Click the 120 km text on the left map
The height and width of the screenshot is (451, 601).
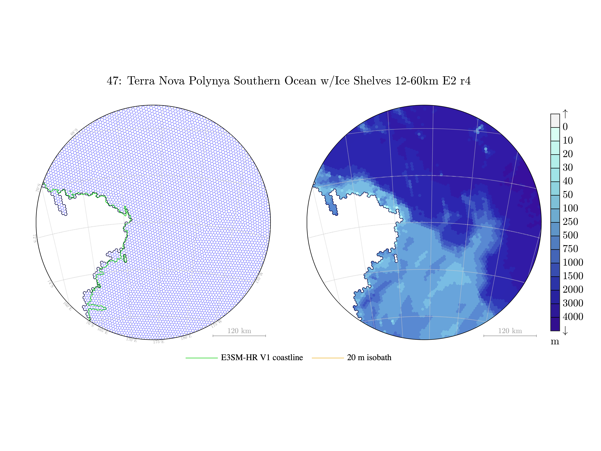[239, 331]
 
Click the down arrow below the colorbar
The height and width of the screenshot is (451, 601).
[565, 331]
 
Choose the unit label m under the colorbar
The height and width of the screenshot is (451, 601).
[555, 341]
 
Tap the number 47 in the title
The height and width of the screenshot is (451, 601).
[112, 81]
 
